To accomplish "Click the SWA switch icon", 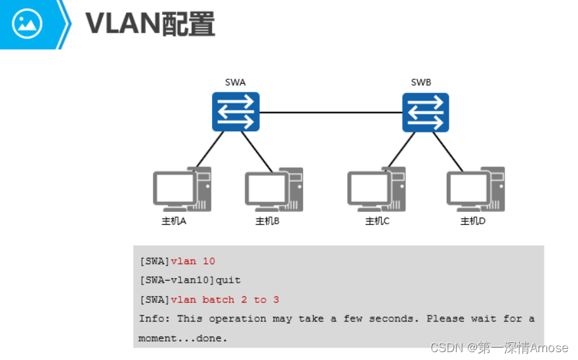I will point(236,111).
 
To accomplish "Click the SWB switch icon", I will point(425,112).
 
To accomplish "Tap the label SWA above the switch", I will point(235,82).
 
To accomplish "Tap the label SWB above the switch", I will point(421,82).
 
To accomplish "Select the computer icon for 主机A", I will point(182,190).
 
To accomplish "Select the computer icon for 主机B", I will point(274,190).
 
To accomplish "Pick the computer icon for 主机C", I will point(376,190).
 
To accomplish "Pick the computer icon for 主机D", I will point(476,190).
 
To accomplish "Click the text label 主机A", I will point(174,221).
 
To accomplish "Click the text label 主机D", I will point(472,221).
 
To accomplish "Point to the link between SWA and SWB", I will point(331,112).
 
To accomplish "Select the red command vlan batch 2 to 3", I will point(224,300).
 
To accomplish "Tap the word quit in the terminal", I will point(228,280).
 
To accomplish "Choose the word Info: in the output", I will point(154,319).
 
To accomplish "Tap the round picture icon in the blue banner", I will point(27,24).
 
